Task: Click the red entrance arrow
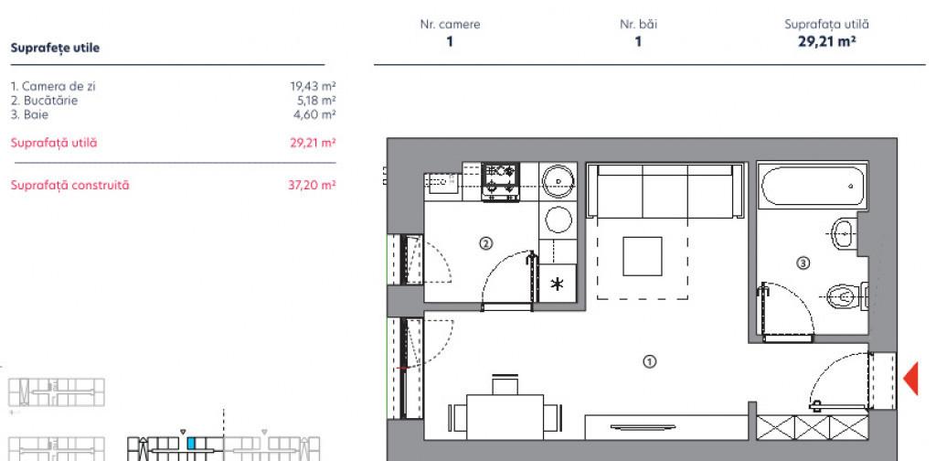pyautogui.click(x=911, y=378)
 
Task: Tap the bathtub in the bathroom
pyautogui.click(x=813, y=186)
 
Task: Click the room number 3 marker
pyautogui.click(x=803, y=263)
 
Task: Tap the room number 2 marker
pyautogui.click(x=486, y=243)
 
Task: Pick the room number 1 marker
pyautogui.click(x=650, y=361)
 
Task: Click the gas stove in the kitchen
pyautogui.click(x=500, y=181)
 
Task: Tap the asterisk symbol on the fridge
pyautogui.click(x=557, y=284)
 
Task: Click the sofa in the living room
pyautogui.click(x=665, y=191)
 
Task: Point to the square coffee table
pyautogui.click(x=643, y=256)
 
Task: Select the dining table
pyautogui.click(x=505, y=417)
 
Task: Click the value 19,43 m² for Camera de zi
pyautogui.click(x=313, y=86)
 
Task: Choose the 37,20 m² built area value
pyautogui.click(x=313, y=185)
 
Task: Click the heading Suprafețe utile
pyautogui.click(x=55, y=48)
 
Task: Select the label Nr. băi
pyautogui.click(x=638, y=25)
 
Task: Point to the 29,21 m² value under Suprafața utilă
pyautogui.click(x=826, y=41)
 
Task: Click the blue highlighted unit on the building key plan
pyautogui.click(x=191, y=443)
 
